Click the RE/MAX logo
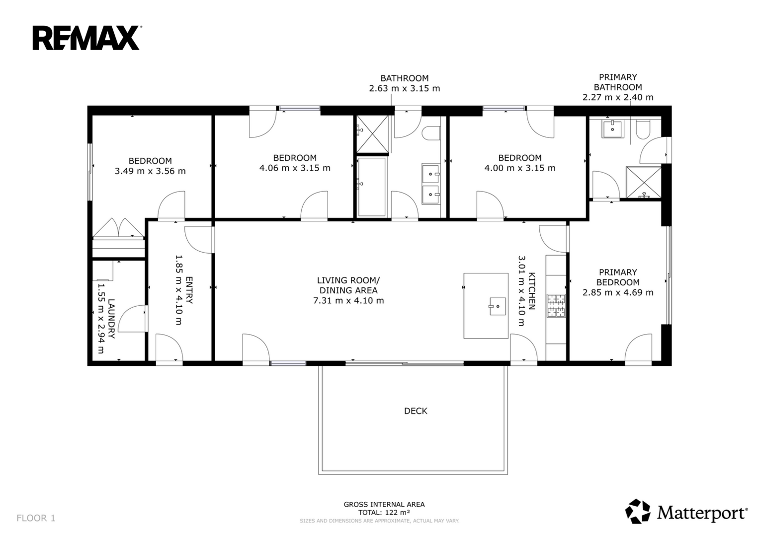pos(87,38)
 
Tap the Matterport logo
pos(686,511)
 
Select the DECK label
pos(416,411)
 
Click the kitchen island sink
pos(498,306)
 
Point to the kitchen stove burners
pos(556,306)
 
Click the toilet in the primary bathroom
pos(643,130)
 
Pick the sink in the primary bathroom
pos(612,129)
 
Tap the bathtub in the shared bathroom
pos(372,187)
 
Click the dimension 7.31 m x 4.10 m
pos(348,300)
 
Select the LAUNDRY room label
pos(111,319)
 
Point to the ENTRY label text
pos(189,290)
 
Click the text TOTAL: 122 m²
pos(384,512)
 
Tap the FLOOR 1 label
pos(36,518)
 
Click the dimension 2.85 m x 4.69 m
pos(618,292)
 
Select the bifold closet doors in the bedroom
pos(118,227)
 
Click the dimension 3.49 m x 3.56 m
pos(150,171)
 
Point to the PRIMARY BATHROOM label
pos(618,82)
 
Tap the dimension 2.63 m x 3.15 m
pos(404,88)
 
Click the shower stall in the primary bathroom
pos(644,182)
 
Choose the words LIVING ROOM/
pos(348,280)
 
